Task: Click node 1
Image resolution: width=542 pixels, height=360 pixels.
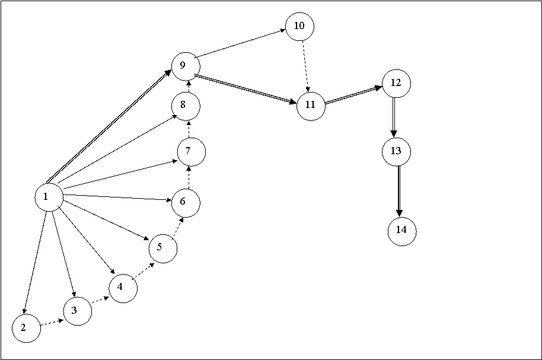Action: pyautogui.click(x=49, y=197)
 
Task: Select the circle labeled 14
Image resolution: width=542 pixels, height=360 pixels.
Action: pyautogui.click(x=402, y=231)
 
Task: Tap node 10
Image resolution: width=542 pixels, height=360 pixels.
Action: pyautogui.click(x=299, y=27)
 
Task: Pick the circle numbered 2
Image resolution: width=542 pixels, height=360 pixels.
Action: pyautogui.click(x=26, y=328)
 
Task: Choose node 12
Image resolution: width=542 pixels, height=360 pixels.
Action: pyautogui.click(x=397, y=84)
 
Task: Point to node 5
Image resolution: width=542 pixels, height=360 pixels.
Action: pyautogui.click(x=163, y=249)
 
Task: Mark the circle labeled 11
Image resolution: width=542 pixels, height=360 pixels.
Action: pyautogui.click(x=311, y=106)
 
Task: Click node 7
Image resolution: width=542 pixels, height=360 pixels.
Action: pyautogui.click(x=192, y=152)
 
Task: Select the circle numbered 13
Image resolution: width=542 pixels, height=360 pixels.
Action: pyautogui.click(x=397, y=152)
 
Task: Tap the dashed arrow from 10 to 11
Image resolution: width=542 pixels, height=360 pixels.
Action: pyautogui.click(x=305, y=66)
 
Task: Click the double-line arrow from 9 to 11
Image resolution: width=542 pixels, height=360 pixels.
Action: pyautogui.click(x=246, y=89)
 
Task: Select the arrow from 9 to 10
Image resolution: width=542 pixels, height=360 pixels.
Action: pyautogui.click(x=240, y=43)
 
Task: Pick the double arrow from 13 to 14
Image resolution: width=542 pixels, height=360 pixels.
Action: pyautogui.click(x=399, y=192)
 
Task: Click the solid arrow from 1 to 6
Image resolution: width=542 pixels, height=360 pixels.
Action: pyautogui.click(x=118, y=198)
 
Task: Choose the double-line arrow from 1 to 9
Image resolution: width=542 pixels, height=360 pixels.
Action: pyautogui.click(x=109, y=126)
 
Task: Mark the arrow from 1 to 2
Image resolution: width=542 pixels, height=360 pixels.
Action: pyautogui.click(x=35, y=263)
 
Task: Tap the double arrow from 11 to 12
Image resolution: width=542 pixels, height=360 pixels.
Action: pyautogui.click(x=353, y=94)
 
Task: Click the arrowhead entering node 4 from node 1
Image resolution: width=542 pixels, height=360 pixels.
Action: pyautogui.click(x=112, y=272)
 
